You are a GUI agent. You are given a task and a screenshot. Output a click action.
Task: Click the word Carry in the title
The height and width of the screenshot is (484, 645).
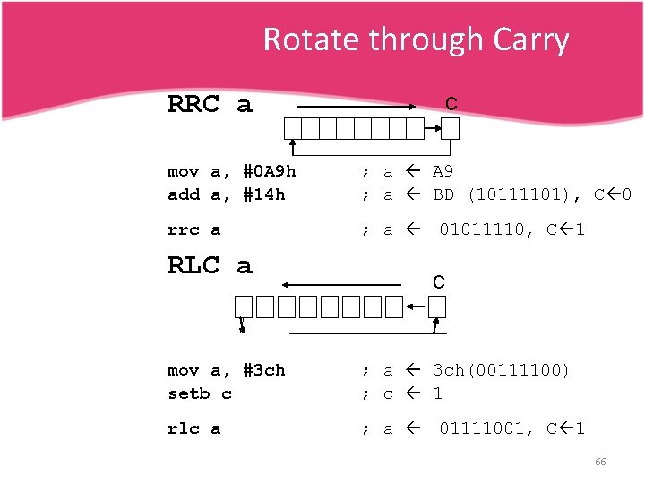tap(530, 39)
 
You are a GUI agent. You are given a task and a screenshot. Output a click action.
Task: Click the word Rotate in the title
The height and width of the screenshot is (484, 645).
tap(305, 39)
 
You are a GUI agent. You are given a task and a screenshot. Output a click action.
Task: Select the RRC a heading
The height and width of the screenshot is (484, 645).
tap(210, 105)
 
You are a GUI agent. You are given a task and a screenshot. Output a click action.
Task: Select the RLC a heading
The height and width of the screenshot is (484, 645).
tap(210, 265)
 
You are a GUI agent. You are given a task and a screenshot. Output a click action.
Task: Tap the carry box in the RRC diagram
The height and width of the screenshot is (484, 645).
tap(451, 129)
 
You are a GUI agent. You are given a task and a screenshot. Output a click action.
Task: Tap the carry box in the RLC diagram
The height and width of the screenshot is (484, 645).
tap(436, 307)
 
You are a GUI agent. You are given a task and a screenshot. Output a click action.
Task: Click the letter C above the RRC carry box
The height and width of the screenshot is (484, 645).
tap(451, 104)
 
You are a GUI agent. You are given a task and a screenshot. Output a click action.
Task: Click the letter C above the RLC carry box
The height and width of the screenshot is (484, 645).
tap(439, 282)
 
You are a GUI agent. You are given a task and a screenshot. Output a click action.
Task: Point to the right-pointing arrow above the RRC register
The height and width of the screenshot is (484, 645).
tap(359, 108)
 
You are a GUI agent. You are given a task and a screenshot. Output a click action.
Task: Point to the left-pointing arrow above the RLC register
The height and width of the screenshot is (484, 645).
tap(340, 285)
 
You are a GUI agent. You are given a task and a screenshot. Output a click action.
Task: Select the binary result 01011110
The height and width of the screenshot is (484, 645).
tap(487, 230)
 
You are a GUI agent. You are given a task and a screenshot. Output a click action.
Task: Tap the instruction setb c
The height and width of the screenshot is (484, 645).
tap(200, 393)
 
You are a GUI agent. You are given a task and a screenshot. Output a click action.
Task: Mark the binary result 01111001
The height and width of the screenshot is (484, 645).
tap(487, 428)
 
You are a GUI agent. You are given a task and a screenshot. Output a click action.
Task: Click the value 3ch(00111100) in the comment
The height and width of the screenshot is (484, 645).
tap(501, 370)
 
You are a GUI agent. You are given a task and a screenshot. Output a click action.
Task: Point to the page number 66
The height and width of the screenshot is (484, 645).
tap(600, 462)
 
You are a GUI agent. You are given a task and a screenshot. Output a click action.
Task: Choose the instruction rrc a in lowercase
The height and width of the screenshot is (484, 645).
tap(194, 230)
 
